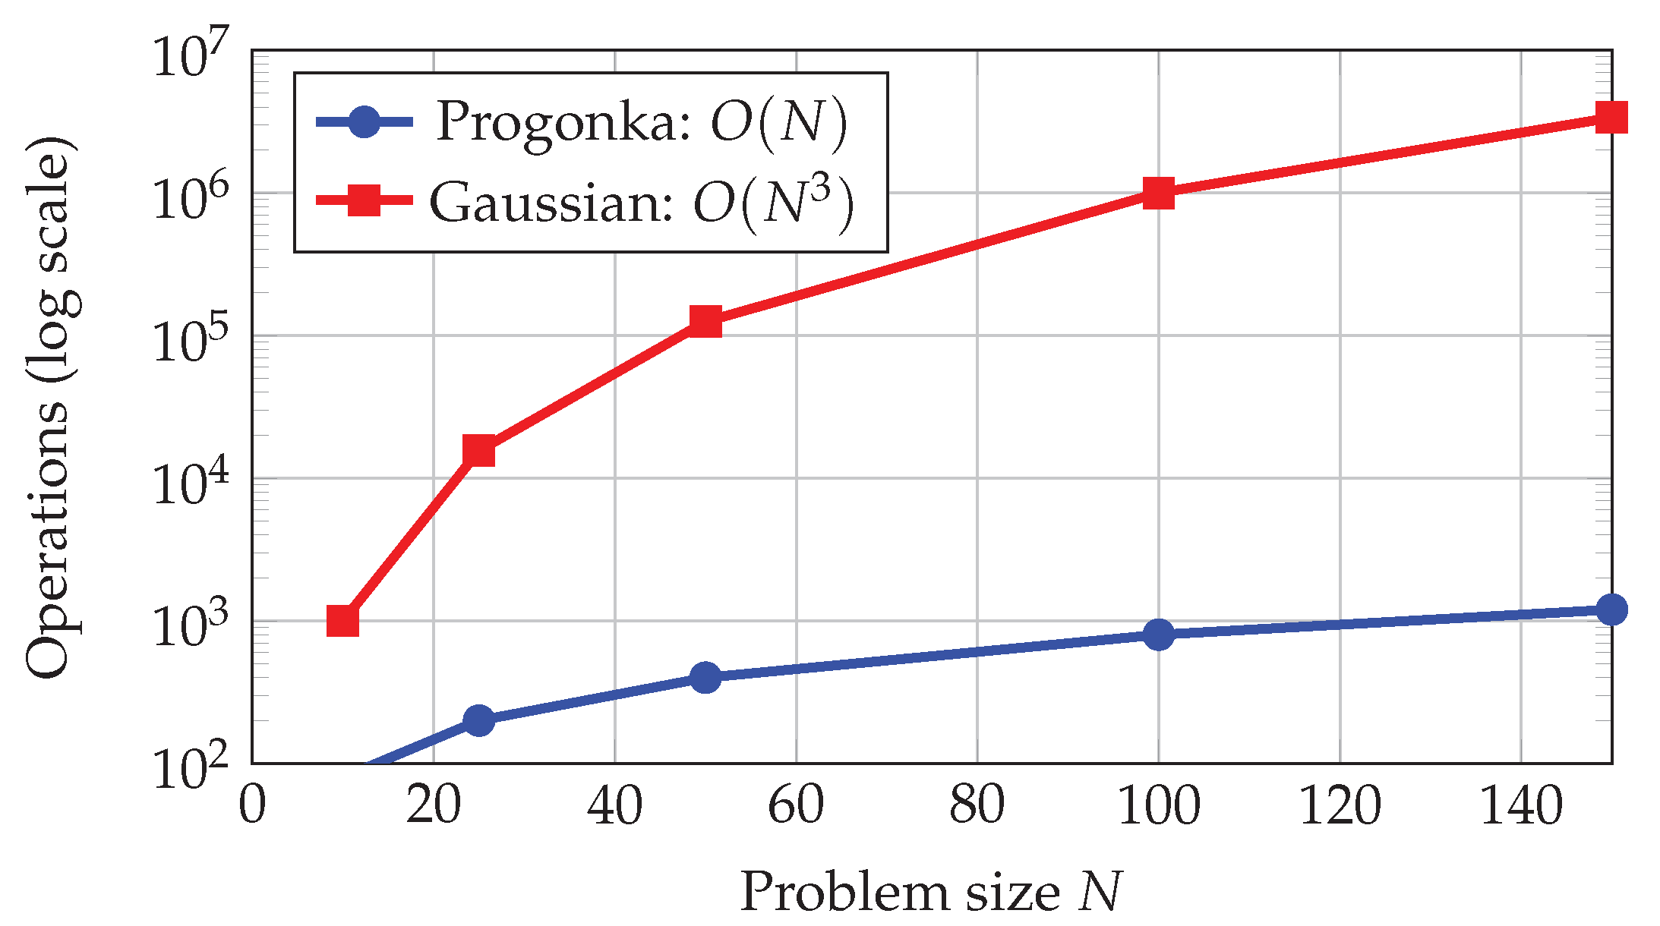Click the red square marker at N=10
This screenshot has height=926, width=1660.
(x=342, y=621)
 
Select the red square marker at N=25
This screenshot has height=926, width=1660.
(x=478, y=451)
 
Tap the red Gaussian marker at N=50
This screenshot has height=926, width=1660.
(x=705, y=321)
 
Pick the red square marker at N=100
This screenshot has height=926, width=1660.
(x=1159, y=193)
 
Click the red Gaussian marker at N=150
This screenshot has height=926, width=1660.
(x=1611, y=117)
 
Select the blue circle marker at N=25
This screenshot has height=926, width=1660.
(x=478, y=720)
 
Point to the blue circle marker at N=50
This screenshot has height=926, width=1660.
(x=705, y=676)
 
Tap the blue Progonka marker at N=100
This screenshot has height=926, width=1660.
(x=1159, y=634)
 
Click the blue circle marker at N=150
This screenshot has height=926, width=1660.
(x=1611, y=609)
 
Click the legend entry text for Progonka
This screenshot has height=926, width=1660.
(x=641, y=121)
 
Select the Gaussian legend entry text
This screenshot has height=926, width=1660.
(x=641, y=203)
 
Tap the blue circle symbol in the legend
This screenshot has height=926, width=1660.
(x=364, y=121)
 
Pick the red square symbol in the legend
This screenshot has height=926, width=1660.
(x=364, y=200)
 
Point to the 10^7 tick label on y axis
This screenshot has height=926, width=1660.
(x=191, y=53)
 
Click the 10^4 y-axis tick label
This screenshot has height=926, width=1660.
(x=191, y=481)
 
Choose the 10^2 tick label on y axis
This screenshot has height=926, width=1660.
(x=191, y=767)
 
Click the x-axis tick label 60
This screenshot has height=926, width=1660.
(x=796, y=805)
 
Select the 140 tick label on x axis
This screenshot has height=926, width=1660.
(x=1521, y=805)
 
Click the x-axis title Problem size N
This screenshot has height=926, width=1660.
(x=931, y=891)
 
